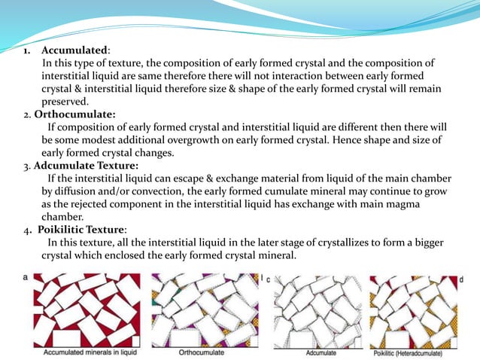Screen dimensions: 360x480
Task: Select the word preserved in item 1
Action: click(x=65, y=102)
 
